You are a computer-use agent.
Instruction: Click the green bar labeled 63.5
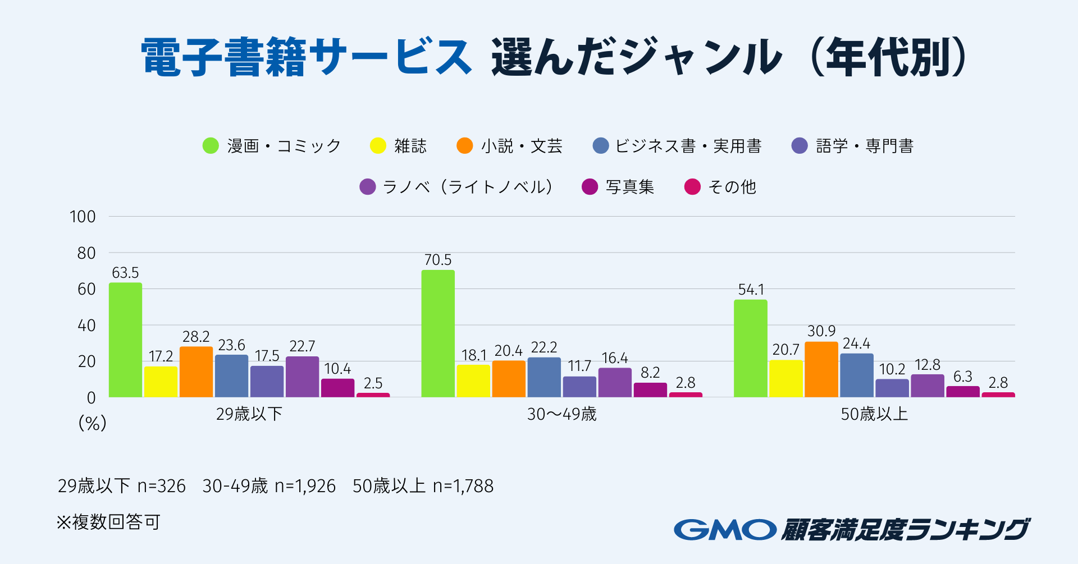pos(125,340)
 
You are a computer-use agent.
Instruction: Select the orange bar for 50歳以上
pos(821,369)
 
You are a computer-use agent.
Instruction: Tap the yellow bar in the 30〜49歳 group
pos(473,381)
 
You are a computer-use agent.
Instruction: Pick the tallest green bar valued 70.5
pos(438,333)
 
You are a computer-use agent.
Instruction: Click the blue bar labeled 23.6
pos(231,376)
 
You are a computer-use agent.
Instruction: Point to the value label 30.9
pos(821,331)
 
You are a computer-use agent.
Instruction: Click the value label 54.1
pos(751,290)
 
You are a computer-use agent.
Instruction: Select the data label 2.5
pos(373,383)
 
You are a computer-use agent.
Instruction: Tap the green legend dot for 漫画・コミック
pos(211,146)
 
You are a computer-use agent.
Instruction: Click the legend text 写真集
pos(630,187)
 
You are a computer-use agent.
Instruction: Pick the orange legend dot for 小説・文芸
pos(465,146)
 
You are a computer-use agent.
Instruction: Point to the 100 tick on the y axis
pos(83,217)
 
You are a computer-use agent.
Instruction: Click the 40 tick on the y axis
pos(86,325)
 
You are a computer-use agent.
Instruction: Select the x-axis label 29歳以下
pos(249,414)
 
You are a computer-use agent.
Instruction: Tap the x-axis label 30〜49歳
pos(561,414)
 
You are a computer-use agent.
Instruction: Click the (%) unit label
pos(92,423)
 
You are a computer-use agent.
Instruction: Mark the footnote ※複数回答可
pos(108,522)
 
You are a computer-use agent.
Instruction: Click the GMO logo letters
pos(725,529)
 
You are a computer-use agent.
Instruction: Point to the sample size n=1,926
pos(305,486)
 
